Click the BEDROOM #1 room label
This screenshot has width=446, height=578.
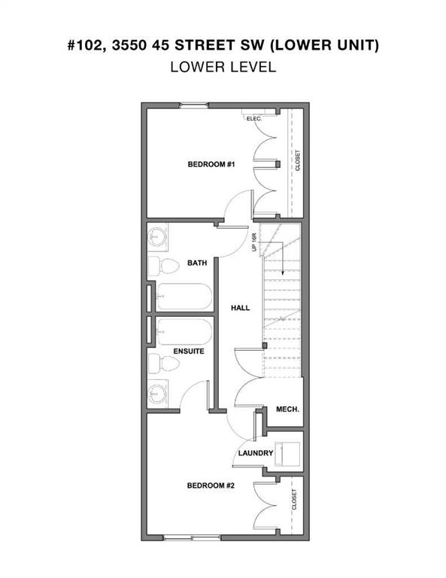pyautogui.click(x=211, y=164)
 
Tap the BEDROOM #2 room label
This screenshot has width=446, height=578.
pyautogui.click(x=211, y=485)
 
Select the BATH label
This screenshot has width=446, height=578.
pyautogui.click(x=197, y=263)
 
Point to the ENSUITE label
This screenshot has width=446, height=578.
pyautogui.click(x=189, y=351)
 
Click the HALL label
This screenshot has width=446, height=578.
pyautogui.click(x=240, y=308)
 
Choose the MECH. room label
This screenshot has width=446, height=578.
pyautogui.click(x=287, y=409)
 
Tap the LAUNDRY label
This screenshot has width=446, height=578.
pyautogui.click(x=256, y=453)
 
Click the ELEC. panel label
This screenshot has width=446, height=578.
pyautogui.click(x=254, y=119)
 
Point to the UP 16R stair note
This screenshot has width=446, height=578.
pyautogui.click(x=254, y=242)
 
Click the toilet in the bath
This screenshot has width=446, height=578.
pyautogui.click(x=164, y=266)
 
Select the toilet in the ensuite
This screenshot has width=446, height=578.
pyautogui.click(x=164, y=364)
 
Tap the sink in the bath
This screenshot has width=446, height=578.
pyautogui.click(x=158, y=237)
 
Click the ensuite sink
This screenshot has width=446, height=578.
pyautogui.click(x=158, y=394)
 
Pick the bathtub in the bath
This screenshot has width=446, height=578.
pyautogui.click(x=184, y=297)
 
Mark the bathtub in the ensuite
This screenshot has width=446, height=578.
pyautogui.click(x=184, y=332)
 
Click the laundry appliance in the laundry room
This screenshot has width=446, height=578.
pyautogui.click(x=287, y=454)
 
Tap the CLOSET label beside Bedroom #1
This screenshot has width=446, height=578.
pyautogui.click(x=298, y=160)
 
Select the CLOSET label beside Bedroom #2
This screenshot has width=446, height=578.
pyautogui.click(x=294, y=500)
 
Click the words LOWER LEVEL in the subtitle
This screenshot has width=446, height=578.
pyautogui.click(x=223, y=67)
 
